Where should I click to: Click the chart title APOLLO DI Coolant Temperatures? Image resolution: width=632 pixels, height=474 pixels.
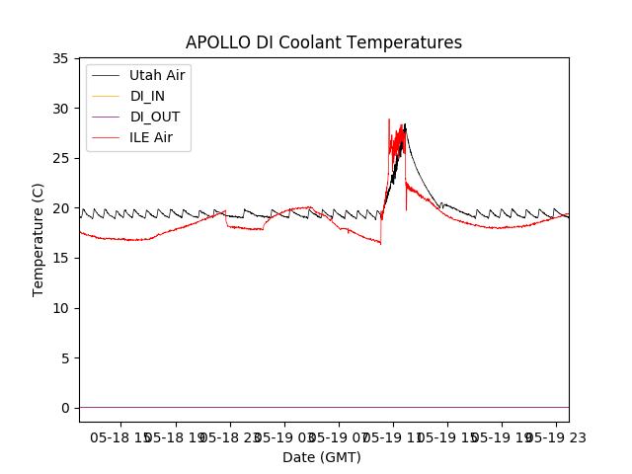click(324, 42)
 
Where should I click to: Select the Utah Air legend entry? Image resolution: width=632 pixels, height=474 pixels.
click(157, 75)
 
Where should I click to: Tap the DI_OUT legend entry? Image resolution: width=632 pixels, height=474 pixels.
click(155, 117)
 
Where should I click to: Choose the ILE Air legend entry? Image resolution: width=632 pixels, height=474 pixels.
click(151, 137)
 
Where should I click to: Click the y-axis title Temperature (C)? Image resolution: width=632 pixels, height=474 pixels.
click(39, 239)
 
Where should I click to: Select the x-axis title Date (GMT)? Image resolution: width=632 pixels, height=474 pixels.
click(322, 457)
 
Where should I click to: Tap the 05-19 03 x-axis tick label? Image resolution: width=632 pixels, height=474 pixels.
click(283, 436)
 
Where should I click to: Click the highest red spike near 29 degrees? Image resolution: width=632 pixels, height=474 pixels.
click(389, 119)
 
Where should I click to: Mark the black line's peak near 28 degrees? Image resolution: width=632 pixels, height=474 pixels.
click(405, 124)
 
